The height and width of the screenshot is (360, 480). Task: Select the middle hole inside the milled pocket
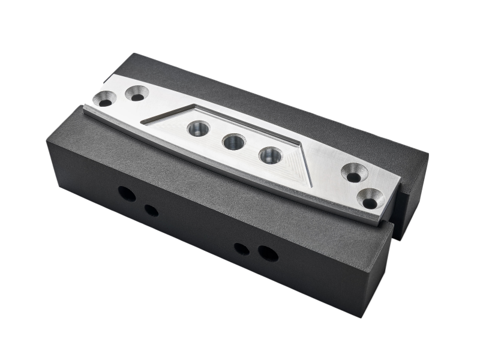coord(232,142)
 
